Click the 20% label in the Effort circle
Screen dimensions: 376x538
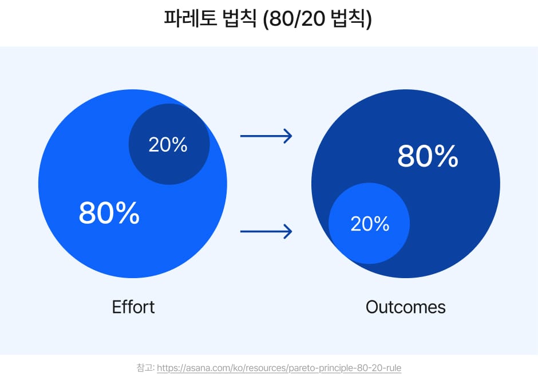click(168, 145)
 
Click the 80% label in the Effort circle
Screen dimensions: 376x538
click(109, 212)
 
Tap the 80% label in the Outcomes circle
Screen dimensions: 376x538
click(428, 156)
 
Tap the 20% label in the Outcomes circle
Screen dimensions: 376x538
click(370, 224)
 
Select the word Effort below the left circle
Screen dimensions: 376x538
click(133, 307)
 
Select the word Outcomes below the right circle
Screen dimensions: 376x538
click(405, 307)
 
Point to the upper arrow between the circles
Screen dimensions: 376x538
click(266, 136)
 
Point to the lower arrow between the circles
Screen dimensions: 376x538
click(266, 232)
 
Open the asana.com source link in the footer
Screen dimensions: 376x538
click(279, 367)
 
